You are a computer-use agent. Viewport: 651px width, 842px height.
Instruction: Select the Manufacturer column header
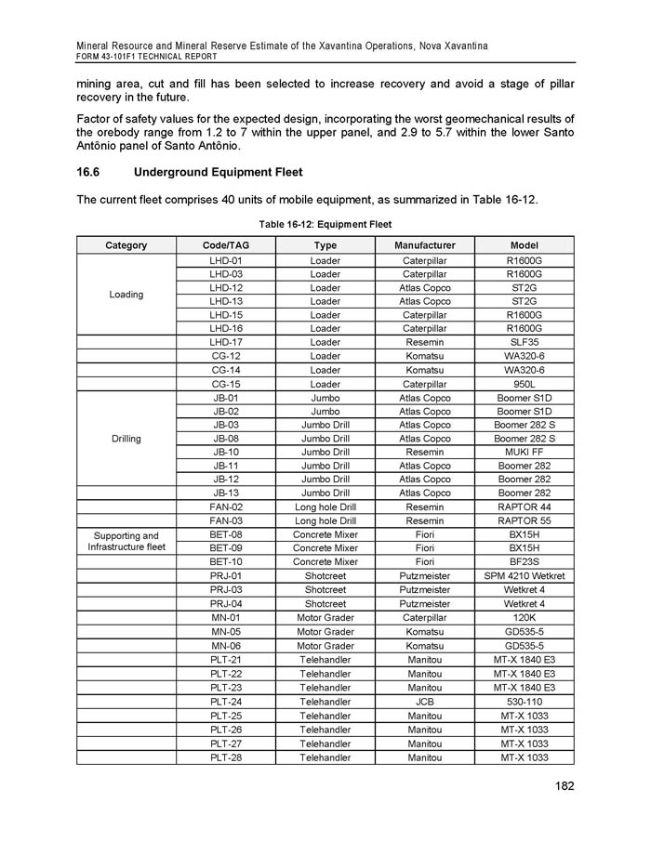pos(424,245)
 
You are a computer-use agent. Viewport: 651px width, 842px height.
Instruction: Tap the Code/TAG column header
pos(226,245)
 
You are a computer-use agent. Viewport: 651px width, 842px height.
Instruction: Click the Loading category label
pos(126,295)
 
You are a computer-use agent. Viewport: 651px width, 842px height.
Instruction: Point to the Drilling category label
pos(126,439)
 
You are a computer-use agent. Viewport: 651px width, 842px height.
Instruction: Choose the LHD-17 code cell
pos(226,343)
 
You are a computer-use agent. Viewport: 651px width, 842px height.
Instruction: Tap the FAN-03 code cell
pos(226,521)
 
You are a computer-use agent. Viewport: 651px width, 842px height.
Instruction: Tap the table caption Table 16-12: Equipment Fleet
pos(325,224)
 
